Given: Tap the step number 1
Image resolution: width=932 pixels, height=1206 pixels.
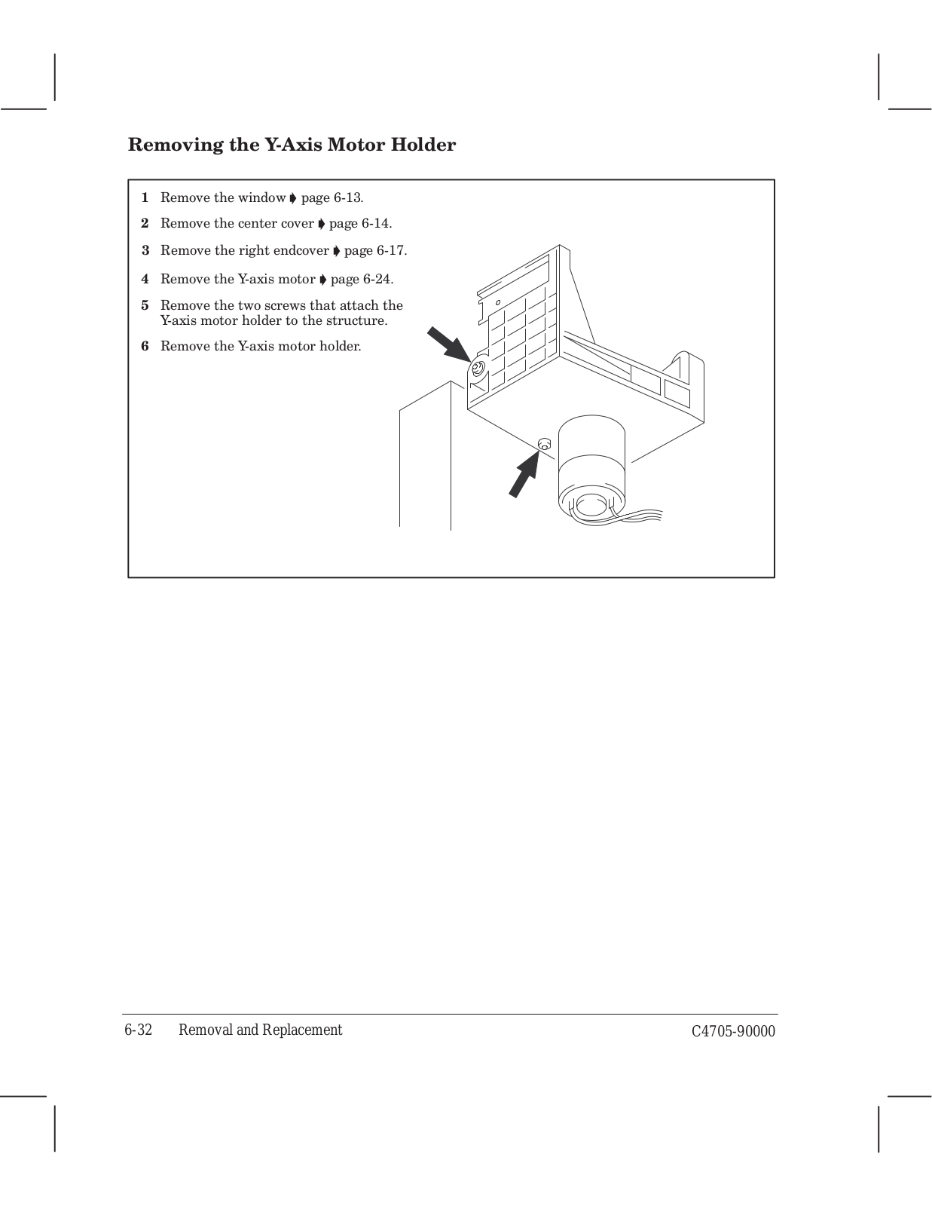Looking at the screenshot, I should point(145,197).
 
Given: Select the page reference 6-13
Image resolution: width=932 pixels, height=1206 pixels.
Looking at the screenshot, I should point(348,197).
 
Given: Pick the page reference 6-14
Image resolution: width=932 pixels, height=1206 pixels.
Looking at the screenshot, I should point(377,223).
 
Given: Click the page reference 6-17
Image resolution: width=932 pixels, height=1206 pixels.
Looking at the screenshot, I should point(392,250).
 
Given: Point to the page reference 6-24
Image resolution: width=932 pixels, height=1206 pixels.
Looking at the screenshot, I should point(378,279).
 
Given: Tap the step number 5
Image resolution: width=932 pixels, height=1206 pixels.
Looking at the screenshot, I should point(145,305).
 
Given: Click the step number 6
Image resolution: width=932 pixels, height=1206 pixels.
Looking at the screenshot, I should point(145,346).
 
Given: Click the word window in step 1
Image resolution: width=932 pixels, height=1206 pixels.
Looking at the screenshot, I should point(263,197).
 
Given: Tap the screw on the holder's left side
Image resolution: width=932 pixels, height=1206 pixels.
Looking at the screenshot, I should point(477,369).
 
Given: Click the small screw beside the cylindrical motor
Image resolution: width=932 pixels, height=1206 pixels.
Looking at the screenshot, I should point(545,443).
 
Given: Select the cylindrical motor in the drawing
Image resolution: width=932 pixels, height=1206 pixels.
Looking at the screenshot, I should point(592,467).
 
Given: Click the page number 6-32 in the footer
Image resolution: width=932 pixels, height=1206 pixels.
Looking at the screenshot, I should point(139,1030).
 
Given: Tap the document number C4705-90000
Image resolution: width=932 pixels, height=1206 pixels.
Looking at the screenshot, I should point(733,1031).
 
